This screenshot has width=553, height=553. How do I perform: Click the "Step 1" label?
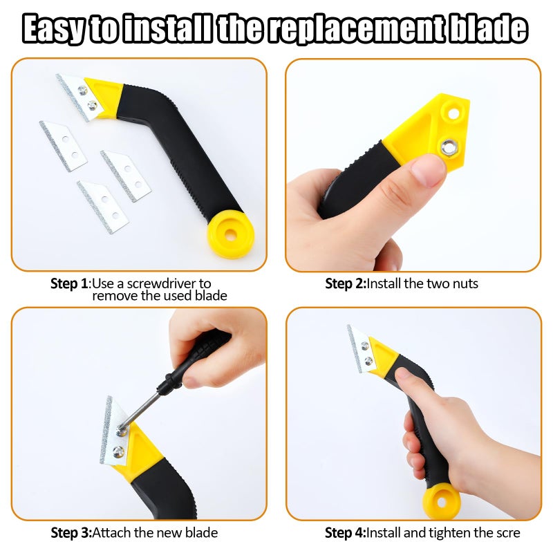(70, 283)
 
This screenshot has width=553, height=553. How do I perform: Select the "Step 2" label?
(345, 283)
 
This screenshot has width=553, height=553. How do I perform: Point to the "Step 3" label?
(71, 532)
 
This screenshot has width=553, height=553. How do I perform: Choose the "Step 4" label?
(345, 532)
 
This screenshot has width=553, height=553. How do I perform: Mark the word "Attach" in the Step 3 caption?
(110, 532)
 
